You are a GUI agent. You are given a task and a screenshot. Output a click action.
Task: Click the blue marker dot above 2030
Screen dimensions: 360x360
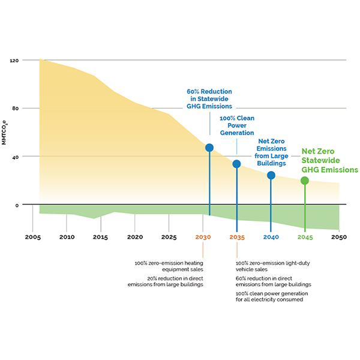pos(209,148)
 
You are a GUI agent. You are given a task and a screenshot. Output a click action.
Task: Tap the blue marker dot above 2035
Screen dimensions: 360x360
pos(236,164)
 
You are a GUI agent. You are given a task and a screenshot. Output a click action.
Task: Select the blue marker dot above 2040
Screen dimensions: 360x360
pos(271,175)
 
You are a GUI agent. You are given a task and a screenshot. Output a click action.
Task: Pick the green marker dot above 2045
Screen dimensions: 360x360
pos(305,181)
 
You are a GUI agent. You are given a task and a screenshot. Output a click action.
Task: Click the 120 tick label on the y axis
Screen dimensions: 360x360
pos(15,61)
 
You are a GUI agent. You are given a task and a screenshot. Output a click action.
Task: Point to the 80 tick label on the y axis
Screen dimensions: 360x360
pos(17,109)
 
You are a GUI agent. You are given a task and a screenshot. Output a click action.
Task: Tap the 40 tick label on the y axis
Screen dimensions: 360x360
pos(17,157)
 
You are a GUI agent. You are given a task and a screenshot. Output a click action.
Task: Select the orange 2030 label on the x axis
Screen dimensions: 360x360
pos(204,237)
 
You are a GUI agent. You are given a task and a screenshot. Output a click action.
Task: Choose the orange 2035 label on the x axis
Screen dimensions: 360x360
pos(237,237)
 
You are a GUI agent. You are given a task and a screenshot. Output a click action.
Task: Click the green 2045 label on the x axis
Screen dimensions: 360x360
pos(305,237)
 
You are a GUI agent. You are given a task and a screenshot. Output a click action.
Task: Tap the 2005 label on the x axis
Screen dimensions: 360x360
pos(33,237)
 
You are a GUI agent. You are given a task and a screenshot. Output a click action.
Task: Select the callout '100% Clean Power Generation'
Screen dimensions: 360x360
pos(236,125)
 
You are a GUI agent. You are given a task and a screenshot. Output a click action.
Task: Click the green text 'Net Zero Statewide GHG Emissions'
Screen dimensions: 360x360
pos(325,161)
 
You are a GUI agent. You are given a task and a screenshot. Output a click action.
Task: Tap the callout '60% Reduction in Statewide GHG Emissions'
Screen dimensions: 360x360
pos(209,99)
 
